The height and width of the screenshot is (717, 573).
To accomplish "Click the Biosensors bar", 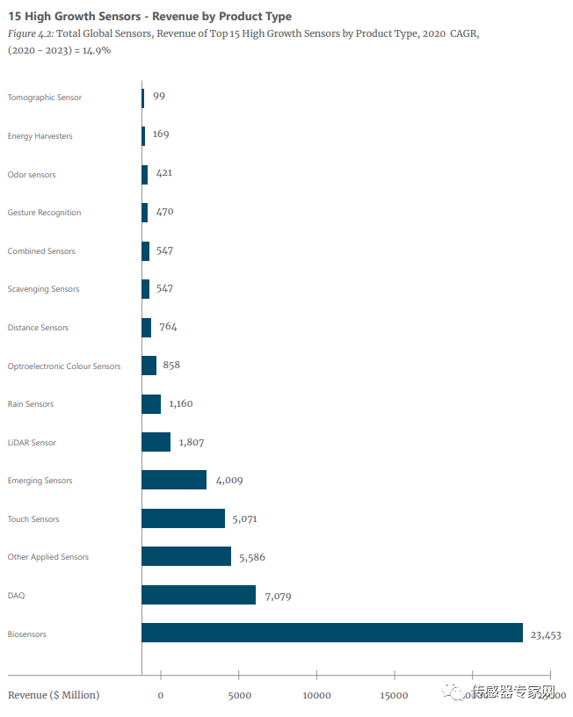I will point(332,633).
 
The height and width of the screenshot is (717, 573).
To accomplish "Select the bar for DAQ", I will point(199,595).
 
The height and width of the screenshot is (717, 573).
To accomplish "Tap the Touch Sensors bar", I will point(183,518).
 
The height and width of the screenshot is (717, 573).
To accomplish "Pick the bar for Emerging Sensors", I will point(174,480).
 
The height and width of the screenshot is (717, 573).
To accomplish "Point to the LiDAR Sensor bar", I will point(156,442).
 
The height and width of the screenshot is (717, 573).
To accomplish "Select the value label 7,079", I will point(273,596).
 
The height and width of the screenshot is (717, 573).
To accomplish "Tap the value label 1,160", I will point(180,404).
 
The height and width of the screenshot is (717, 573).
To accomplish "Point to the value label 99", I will point(159,97).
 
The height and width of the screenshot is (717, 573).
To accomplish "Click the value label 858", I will point(171,366).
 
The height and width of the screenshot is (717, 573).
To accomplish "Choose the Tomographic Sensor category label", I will point(45,98).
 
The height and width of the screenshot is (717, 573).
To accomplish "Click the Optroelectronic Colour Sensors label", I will point(64,366).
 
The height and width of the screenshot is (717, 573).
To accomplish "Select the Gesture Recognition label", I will point(44,213).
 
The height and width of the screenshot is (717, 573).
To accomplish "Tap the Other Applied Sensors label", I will point(48,557).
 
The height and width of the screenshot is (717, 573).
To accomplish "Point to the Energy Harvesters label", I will point(40,136).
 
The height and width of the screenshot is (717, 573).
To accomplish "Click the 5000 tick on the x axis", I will point(239,696).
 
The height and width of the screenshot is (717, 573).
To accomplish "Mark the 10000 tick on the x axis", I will point(316,696).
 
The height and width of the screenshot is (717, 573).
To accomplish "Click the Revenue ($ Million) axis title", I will point(54,695).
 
